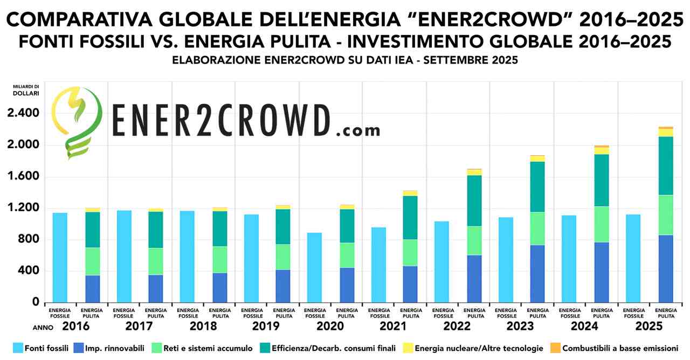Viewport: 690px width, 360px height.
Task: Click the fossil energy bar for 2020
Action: (x=314, y=267)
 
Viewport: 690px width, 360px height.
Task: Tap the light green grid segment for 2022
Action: (x=474, y=240)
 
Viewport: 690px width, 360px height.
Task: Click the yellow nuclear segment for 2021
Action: (x=410, y=193)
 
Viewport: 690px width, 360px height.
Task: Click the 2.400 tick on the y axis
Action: (x=24, y=113)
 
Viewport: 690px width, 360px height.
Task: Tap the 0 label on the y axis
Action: (x=36, y=302)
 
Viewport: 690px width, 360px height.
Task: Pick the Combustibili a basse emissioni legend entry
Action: (x=620, y=348)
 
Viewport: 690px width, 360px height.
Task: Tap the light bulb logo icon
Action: (x=75, y=121)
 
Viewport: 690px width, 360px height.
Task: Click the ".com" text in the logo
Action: (x=357, y=130)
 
